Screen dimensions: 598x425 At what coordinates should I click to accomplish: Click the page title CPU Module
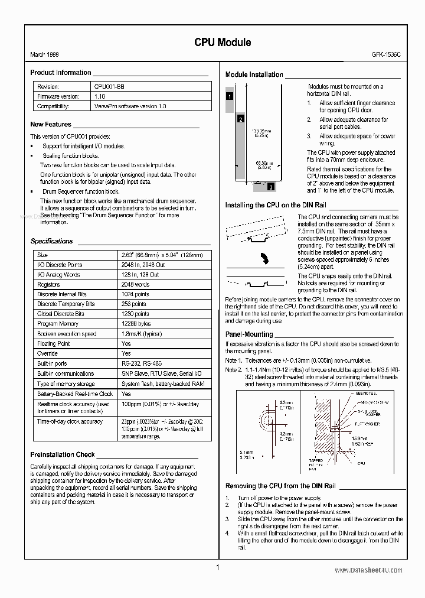(223, 42)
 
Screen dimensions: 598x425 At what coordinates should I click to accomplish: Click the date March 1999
(44, 55)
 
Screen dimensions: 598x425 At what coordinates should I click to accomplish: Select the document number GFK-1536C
(385, 55)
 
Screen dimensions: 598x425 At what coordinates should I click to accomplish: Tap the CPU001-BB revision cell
(109, 86)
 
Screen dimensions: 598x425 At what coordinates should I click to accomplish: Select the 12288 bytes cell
(136, 324)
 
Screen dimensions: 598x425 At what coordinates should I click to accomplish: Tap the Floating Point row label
(53, 343)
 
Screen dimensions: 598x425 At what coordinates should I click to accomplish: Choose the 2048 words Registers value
(135, 284)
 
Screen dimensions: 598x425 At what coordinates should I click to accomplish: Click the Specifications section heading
(51, 241)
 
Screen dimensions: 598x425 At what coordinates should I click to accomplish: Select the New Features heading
(51, 125)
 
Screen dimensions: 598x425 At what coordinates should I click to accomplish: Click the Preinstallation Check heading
(62, 454)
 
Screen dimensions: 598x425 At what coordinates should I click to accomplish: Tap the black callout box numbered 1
(230, 96)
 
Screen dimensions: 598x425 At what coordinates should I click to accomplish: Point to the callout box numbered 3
(270, 187)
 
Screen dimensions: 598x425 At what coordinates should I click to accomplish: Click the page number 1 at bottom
(217, 568)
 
